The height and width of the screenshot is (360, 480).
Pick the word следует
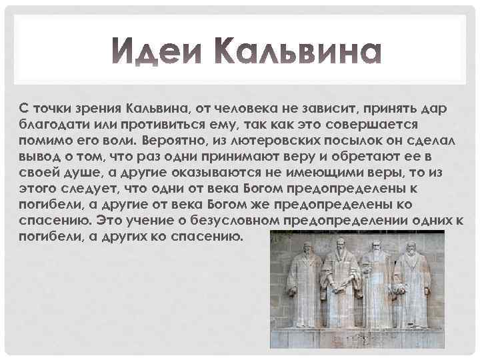82,189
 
